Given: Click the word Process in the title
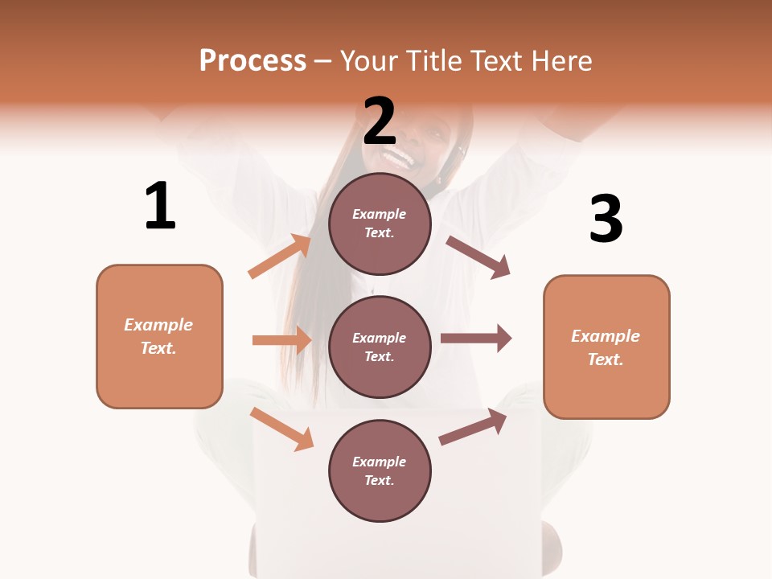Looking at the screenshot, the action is coord(253,60).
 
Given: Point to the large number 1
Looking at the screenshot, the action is coord(160,206).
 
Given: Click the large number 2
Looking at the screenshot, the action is coord(380,121).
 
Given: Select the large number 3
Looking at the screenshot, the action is coord(606,219).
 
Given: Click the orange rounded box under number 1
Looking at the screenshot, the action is coord(159,336).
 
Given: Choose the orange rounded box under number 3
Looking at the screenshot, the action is coord(606,347).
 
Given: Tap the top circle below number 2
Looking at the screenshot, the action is coord(380,224).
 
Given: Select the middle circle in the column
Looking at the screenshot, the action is coord(380,347).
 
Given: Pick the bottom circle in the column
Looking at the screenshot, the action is coord(380,470).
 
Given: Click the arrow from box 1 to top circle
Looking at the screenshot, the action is coord(280,257).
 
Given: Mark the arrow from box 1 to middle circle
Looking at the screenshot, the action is coord(281,340).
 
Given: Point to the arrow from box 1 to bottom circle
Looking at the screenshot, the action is coord(281,429).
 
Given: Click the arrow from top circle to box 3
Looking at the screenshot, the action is coord(478,257).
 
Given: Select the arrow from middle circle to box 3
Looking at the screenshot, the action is coord(476,338).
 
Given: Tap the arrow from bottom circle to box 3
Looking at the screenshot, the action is coord(474,426).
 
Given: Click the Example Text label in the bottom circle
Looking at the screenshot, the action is coord(380,470).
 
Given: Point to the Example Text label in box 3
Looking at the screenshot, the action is coord(606,347).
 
